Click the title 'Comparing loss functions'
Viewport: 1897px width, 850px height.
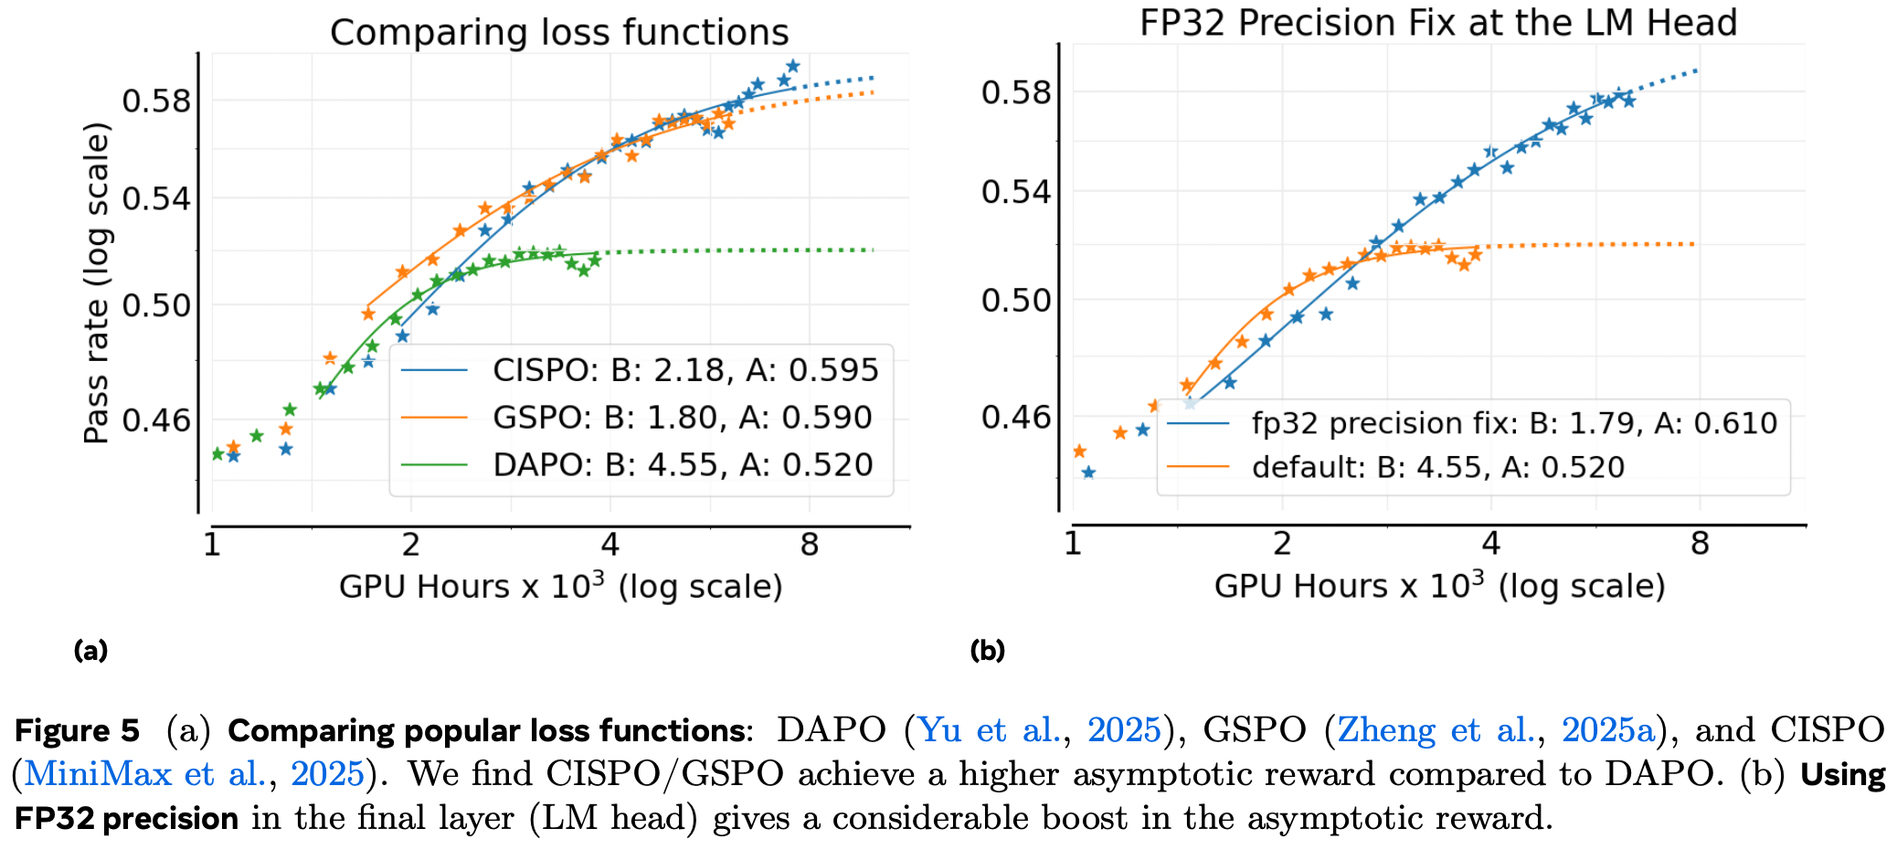pyautogui.click(x=559, y=33)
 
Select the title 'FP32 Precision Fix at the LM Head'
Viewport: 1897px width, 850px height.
pyautogui.click(x=1437, y=23)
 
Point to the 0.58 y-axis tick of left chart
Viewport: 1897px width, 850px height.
pyautogui.click(x=156, y=101)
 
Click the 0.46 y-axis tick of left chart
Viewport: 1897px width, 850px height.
pyautogui.click(x=156, y=421)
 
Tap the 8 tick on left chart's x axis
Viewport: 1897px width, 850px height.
pyautogui.click(x=809, y=546)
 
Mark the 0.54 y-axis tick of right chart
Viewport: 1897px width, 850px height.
pyautogui.click(x=1015, y=192)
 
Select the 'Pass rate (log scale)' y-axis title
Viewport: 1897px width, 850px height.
pyautogui.click(x=97, y=283)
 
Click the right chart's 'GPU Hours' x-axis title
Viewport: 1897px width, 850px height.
pyautogui.click(x=1439, y=586)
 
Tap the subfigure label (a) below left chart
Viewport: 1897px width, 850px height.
pyautogui.click(x=90, y=651)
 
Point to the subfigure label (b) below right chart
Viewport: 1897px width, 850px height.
pyautogui.click(x=987, y=651)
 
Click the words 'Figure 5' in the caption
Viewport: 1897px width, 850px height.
pyautogui.click(x=78, y=730)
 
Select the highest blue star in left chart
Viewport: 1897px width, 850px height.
pyautogui.click(x=792, y=67)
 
